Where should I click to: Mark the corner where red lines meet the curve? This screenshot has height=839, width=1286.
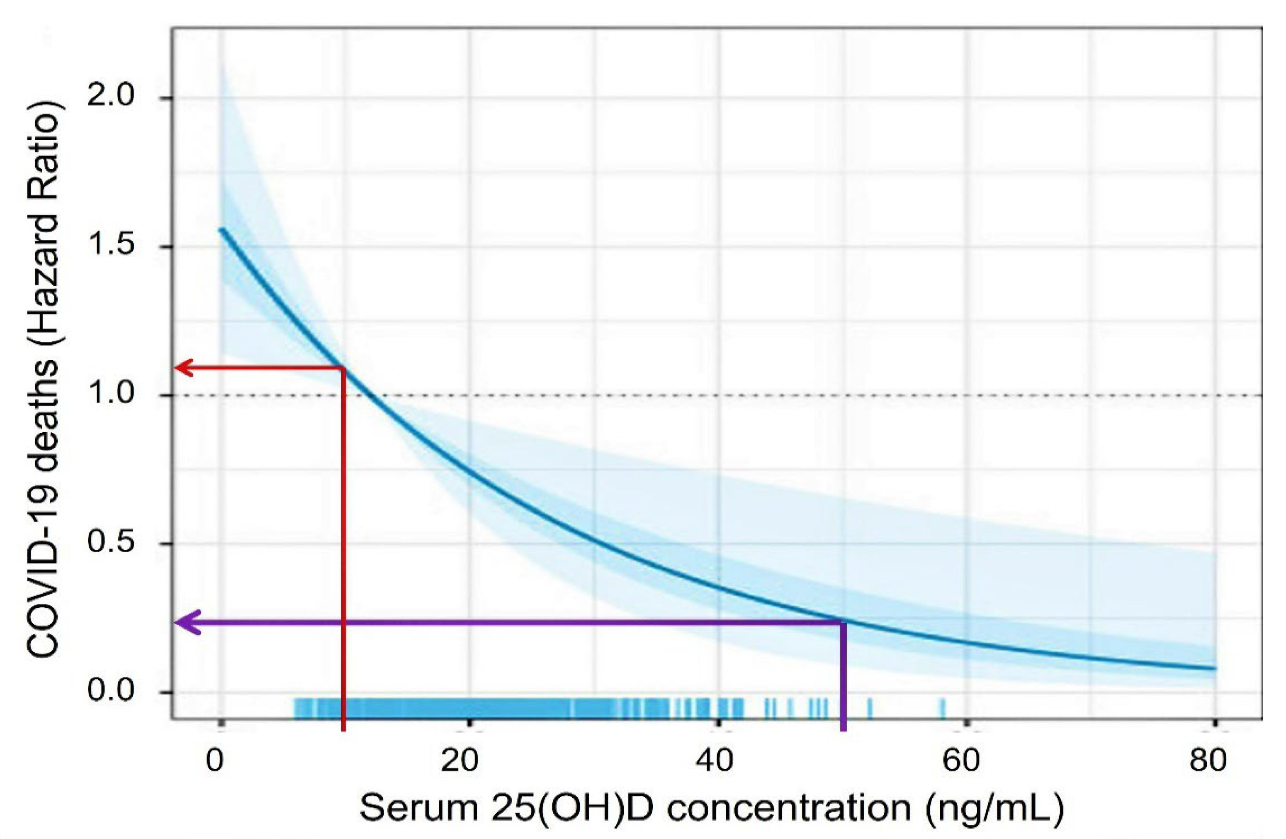point(344,368)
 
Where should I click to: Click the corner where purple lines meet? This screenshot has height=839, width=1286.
point(843,622)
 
